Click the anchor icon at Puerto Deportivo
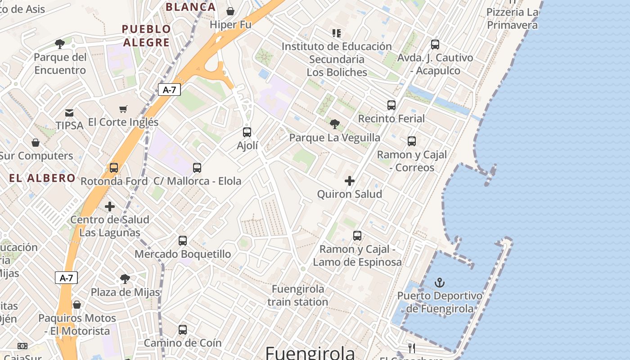coord(440,283)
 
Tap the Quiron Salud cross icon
coord(350,181)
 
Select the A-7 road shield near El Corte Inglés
coord(169,90)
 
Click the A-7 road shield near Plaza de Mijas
coord(66,278)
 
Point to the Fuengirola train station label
coord(297,295)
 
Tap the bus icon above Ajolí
coord(247,132)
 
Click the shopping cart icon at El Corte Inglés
coord(123,109)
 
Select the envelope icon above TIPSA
coord(69,112)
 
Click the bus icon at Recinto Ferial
coord(391,105)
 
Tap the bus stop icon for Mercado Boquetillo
coord(183,241)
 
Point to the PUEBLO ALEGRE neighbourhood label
coord(147,36)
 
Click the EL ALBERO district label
coord(42,178)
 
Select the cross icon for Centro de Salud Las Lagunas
coord(110,207)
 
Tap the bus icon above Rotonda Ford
coord(114,168)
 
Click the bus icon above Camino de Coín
coord(183,330)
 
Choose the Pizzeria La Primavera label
coord(512,18)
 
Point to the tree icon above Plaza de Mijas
coord(125,279)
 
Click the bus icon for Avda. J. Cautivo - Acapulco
coord(435,45)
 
